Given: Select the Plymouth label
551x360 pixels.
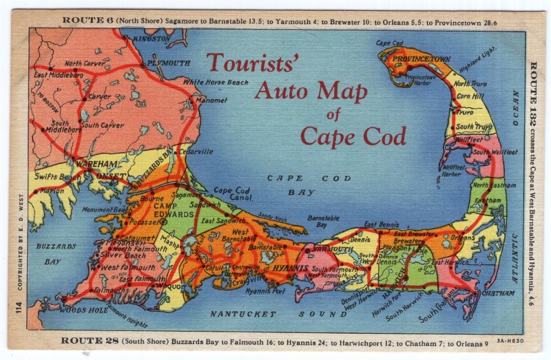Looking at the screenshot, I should pos(168,63).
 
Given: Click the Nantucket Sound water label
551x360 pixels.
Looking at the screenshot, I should pos(268,314).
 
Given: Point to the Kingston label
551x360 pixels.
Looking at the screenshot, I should pos(152,39).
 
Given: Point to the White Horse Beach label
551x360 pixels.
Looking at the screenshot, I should pos(215,82).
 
